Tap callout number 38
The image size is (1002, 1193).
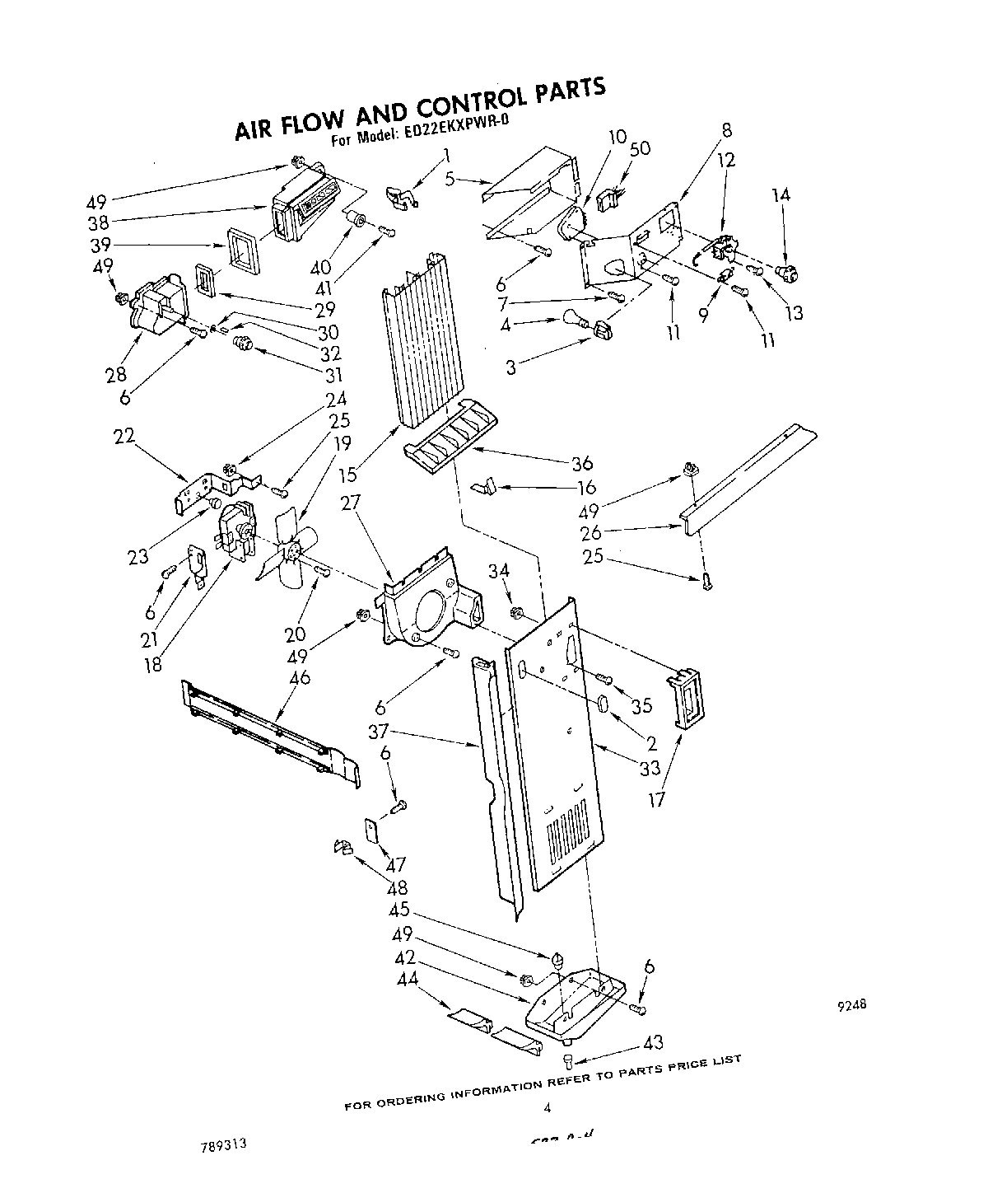99,222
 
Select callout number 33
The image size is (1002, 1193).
650,769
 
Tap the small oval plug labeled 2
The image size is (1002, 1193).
603,705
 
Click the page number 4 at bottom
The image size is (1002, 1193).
545,1108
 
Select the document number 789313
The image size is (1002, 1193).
221,1145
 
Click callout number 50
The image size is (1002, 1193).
639,148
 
